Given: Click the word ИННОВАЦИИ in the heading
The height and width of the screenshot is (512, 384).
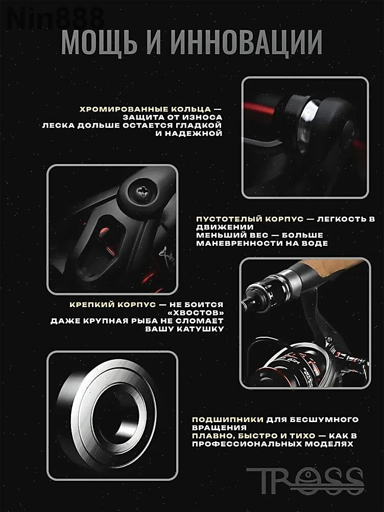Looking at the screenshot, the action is pos(246,42).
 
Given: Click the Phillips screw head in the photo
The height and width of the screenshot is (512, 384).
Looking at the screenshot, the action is pos(142,193).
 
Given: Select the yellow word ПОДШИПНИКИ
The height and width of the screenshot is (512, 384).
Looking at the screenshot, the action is pos(227,420).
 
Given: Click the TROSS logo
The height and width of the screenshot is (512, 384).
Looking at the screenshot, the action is pos(305,481).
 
